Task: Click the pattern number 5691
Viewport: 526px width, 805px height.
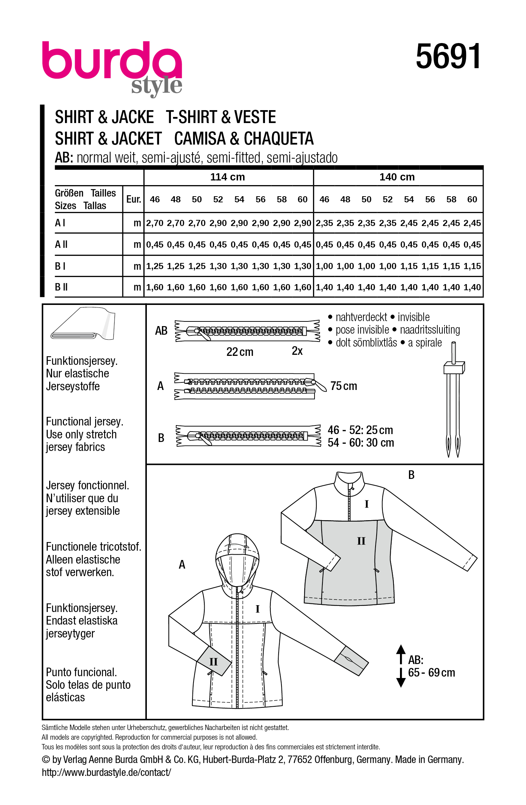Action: tap(448, 56)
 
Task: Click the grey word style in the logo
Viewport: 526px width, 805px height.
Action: tap(157, 86)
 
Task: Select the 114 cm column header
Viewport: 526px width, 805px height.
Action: tap(228, 177)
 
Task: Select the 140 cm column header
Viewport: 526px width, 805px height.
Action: tap(397, 177)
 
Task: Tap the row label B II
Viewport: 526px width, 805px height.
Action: tap(61, 287)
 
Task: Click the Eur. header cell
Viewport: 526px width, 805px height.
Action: tap(134, 199)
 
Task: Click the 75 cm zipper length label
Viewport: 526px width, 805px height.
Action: tap(344, 386)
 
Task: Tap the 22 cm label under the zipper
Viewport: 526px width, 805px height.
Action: tap(239, 352)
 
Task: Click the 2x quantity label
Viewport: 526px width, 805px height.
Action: tap(297, 351)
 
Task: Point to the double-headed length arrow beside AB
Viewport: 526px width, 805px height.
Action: tap(401, 666)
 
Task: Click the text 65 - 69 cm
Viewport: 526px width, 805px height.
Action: tap(431, 673)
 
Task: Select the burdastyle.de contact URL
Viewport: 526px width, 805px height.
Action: tap(106, 772)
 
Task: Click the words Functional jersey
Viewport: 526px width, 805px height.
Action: tap(84, 422)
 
